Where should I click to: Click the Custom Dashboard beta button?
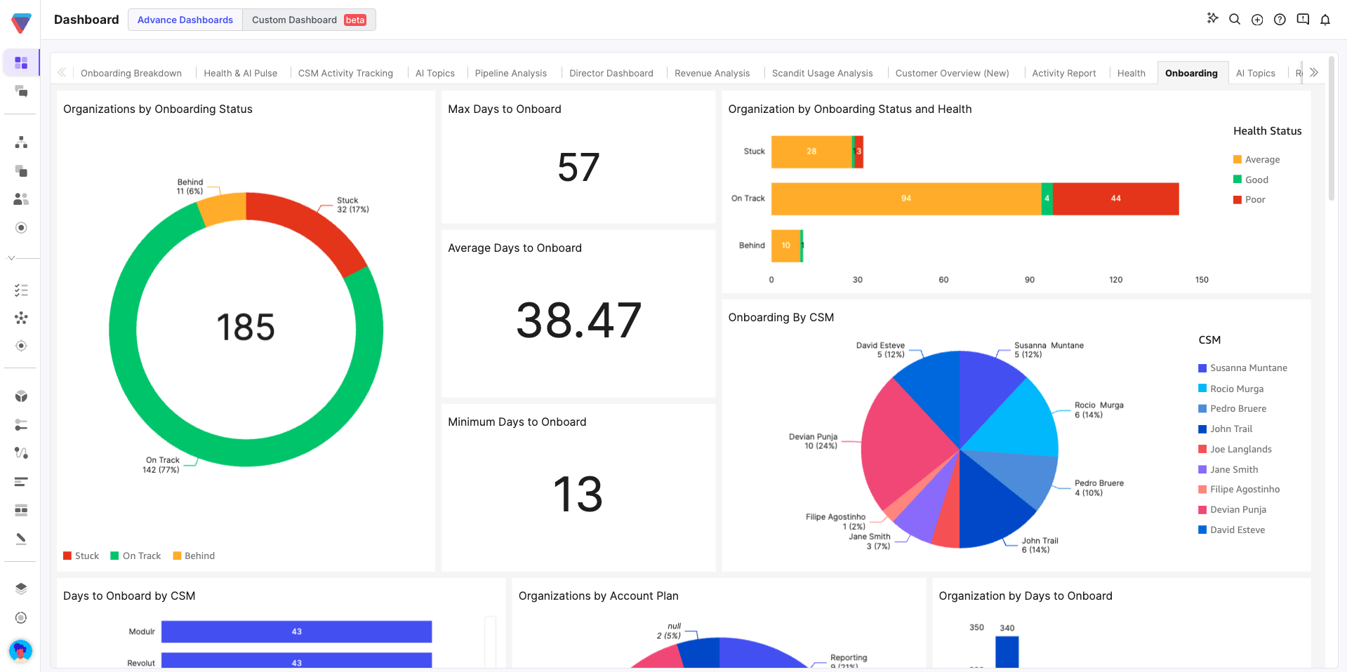308,20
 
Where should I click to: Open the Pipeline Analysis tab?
510,73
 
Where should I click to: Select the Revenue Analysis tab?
712,73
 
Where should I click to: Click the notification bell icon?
1325,20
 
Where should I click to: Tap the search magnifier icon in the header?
1235,20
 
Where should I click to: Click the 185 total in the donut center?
246,327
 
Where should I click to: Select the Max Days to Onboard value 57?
578,168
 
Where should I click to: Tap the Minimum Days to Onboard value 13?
578,494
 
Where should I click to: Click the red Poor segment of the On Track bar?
1115,199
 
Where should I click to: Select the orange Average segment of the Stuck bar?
811,152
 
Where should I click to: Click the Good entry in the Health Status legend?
1256,180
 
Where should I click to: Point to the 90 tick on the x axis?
1030,279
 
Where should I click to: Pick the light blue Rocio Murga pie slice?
1018,421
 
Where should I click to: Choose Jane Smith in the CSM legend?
1233,469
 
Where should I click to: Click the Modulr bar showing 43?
296,631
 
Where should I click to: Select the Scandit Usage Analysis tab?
822,73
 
